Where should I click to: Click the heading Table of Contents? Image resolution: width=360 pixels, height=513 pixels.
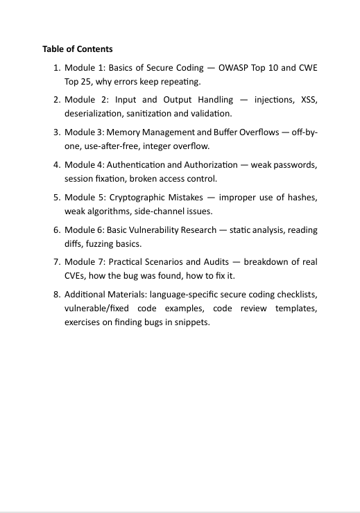coord(77,49)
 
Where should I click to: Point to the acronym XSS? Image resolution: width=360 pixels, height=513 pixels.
coord(309,100)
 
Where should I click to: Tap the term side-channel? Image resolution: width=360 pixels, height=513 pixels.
coord(173,211)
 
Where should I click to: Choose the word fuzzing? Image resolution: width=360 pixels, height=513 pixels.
coord(121,243)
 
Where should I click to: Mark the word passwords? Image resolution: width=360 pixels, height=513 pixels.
coord(296,165)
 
